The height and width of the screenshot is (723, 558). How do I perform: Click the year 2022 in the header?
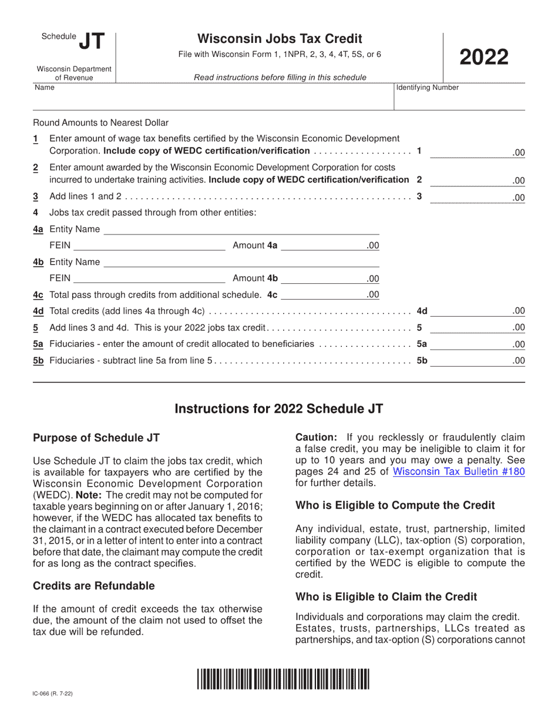(483, 58)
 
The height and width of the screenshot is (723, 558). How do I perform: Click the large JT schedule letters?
(92, 41)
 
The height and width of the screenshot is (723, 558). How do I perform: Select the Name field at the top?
(211, 101)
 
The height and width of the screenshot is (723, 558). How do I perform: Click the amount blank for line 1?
(470, 152)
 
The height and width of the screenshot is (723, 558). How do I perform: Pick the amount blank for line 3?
(470, 198)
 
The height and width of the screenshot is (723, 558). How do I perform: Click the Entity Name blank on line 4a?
(241, 229)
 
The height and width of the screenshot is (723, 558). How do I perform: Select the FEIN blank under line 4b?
(149, 278)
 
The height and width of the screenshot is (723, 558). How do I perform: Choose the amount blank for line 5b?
(470, 361)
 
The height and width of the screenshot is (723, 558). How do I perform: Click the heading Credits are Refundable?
(94, 586)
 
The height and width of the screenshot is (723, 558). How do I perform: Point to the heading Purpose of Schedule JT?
(96, 438)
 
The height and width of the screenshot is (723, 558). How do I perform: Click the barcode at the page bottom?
(283, 679)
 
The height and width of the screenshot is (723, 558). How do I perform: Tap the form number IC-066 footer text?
(53, 694)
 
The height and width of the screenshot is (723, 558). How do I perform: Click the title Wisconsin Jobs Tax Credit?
(280, 39)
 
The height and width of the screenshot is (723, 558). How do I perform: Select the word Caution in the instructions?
(316, 437)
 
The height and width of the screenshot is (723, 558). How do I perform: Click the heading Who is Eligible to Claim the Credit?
(386, 597)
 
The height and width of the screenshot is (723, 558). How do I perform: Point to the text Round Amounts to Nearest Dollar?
(100, 123)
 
